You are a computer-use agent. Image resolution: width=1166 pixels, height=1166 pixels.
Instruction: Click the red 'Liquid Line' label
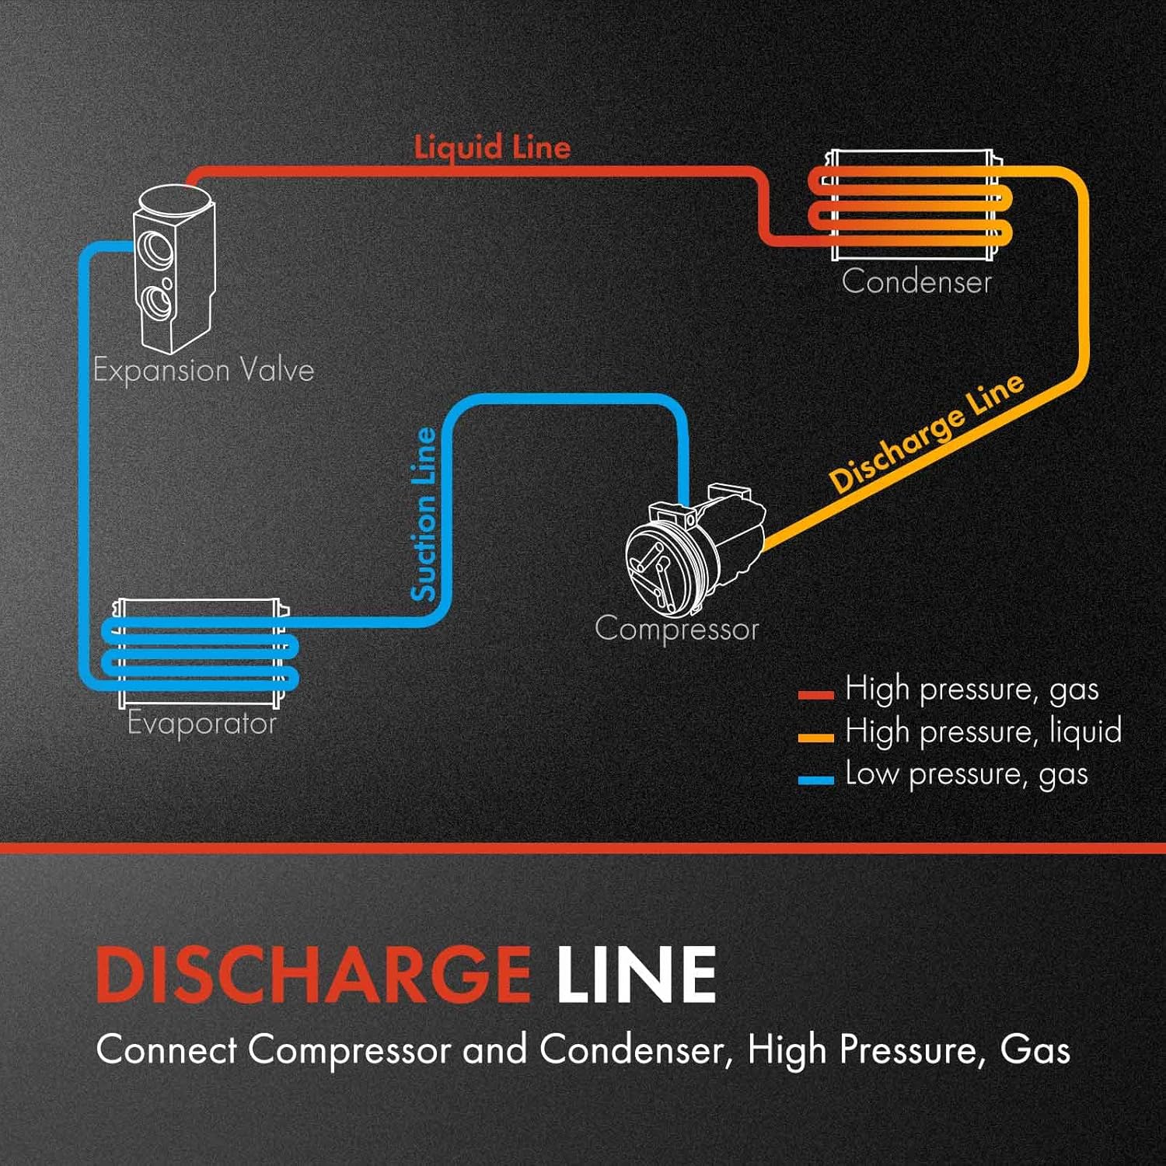(492, 147)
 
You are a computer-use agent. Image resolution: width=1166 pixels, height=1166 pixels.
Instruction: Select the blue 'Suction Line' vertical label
(424, 514)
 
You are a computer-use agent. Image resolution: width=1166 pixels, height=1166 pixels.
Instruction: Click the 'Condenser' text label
(916, 281)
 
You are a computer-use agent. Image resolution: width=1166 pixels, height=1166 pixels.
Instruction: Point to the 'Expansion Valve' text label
(204, 370)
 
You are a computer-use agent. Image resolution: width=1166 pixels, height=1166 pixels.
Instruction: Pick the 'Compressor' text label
(676, 629)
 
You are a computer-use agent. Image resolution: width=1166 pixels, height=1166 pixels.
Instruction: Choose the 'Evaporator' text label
(202, 723)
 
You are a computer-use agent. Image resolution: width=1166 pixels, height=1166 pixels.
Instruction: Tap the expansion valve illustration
(173, 268)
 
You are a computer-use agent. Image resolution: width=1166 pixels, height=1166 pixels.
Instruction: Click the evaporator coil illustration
(201, 653)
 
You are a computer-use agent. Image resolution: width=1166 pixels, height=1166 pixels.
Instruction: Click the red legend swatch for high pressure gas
(815, 695)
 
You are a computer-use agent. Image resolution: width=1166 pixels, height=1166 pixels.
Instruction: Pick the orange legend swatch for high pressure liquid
(815, 737)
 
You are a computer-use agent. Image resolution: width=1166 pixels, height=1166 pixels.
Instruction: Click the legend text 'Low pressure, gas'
(966, 774)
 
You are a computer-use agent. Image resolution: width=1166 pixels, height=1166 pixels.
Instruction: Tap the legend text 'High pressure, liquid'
(983, 731)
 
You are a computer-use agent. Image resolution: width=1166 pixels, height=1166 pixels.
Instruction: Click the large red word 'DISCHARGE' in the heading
(313, 975)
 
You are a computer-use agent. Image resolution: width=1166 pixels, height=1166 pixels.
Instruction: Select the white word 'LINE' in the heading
(636, 975)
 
